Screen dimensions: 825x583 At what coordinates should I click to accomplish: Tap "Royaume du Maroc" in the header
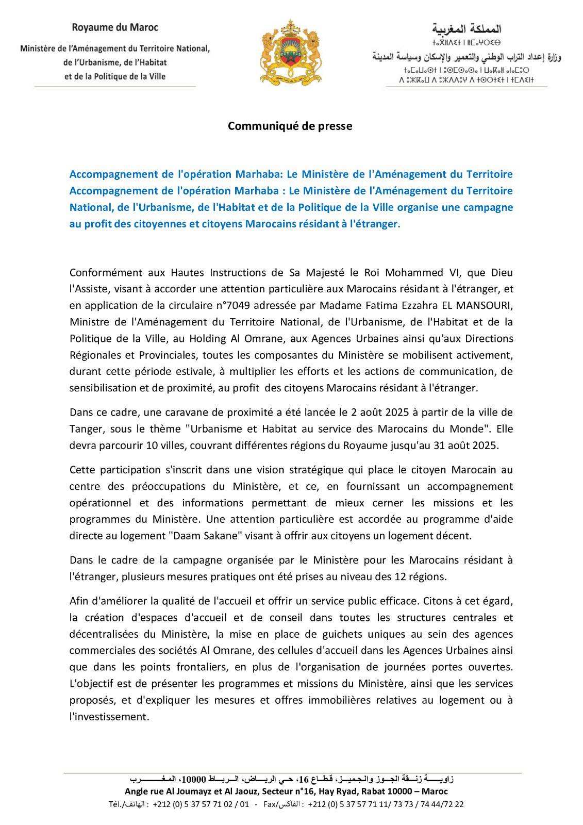114,27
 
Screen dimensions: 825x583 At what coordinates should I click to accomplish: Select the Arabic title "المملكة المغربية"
467,28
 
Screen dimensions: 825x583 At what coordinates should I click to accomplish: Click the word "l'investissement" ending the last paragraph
109,717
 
